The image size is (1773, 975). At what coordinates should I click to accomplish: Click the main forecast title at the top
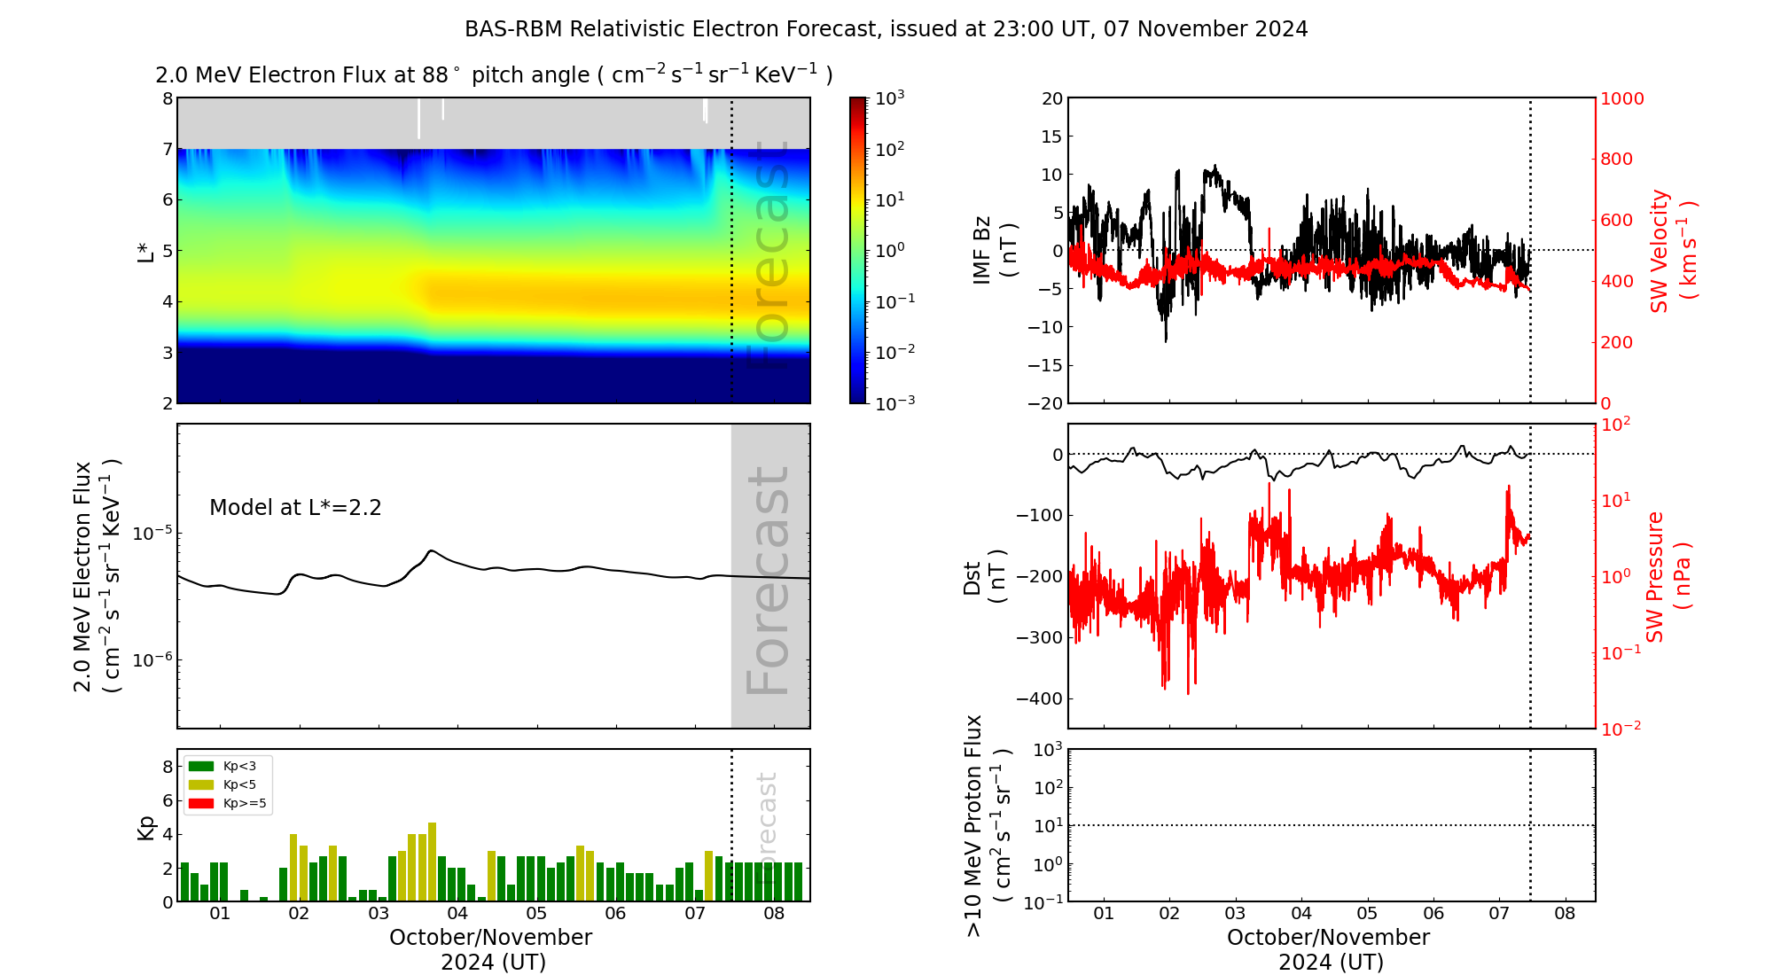coord(886,29)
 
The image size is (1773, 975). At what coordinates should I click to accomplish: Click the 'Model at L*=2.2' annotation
coord(295,508)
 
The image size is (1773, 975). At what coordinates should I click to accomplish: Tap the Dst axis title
coord(984,576)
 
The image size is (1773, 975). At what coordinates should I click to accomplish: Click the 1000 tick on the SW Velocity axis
coord(1621,98)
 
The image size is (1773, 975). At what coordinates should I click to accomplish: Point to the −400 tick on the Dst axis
coord(1039,698)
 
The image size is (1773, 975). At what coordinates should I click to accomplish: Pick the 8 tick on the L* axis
coord(168,98)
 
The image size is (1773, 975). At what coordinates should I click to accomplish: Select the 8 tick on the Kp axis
coord(168,767)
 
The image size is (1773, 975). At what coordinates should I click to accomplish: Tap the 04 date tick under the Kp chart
coord(457,914)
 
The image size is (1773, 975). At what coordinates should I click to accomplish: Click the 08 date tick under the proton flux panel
coord(1565,914)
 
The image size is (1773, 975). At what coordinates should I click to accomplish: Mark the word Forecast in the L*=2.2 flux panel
coord(768,581)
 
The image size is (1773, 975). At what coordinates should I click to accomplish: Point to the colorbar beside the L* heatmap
coord(857,250)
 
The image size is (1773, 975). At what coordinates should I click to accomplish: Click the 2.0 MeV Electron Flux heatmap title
coord(494,75)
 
